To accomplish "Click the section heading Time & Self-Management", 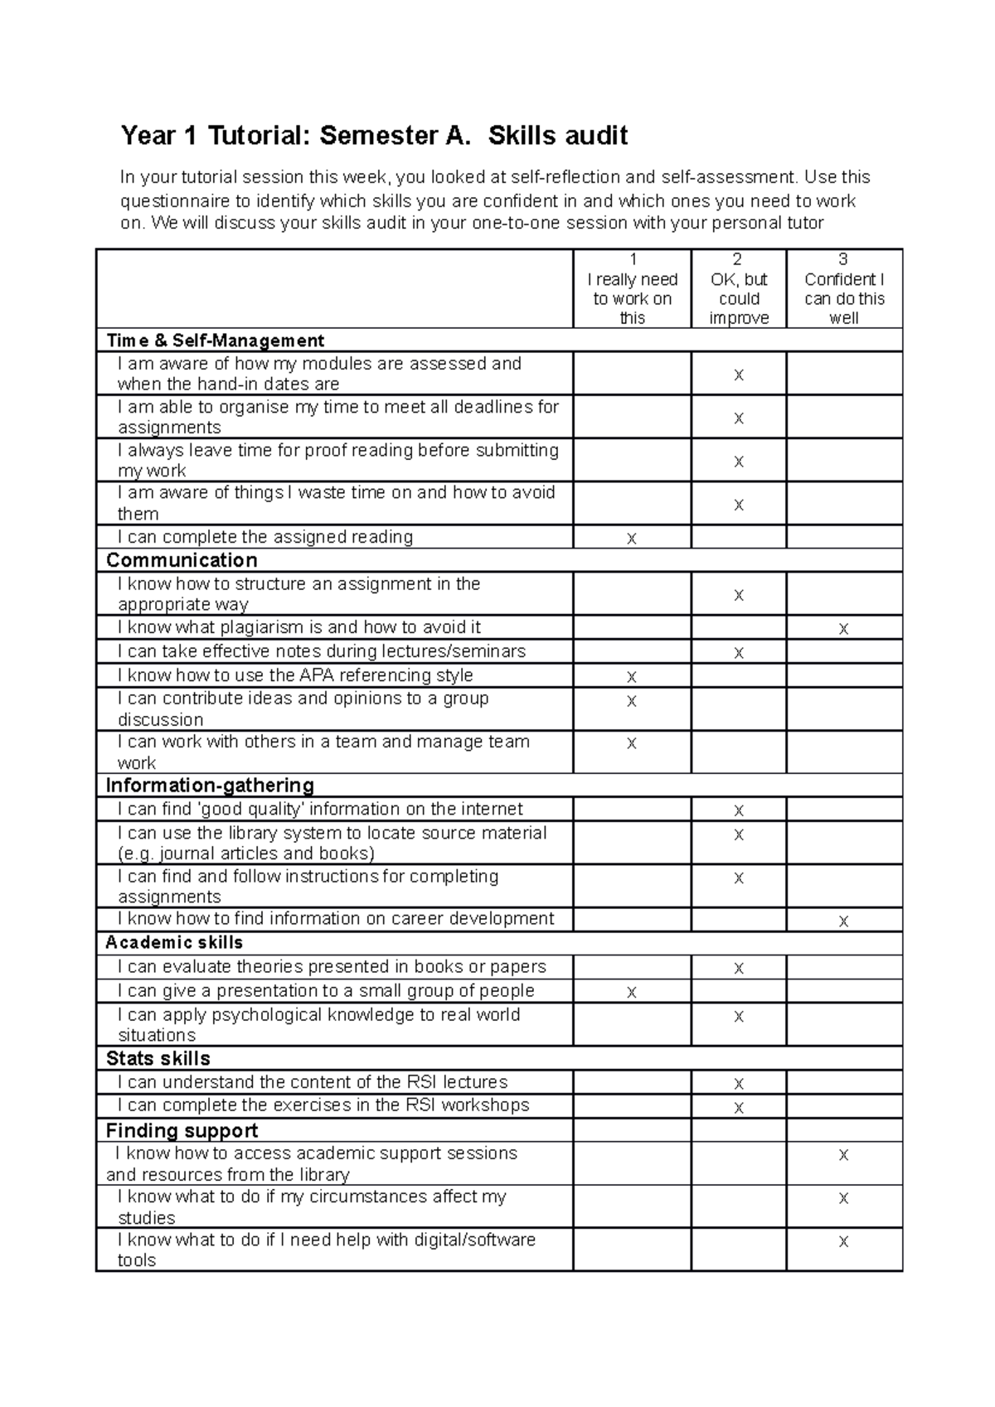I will (215, 341).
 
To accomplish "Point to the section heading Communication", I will (182, 560).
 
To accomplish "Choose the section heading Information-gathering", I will (210, 786).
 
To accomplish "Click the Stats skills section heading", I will (158, 1058).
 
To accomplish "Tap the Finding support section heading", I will (182, 1130).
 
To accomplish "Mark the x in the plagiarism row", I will (843, 629).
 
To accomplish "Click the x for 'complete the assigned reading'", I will (632, 539).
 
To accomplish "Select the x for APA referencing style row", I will (632, 677).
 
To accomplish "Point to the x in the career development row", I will (843, 921).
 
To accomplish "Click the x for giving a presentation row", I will (632, 992).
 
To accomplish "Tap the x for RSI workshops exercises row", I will (739, 1107).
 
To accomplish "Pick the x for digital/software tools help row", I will (843, 1241).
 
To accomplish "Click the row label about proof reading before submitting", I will (337, 460).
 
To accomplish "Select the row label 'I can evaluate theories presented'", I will (332, 966).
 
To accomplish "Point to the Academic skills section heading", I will (174, 942).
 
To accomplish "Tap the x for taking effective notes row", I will (739, 653).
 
